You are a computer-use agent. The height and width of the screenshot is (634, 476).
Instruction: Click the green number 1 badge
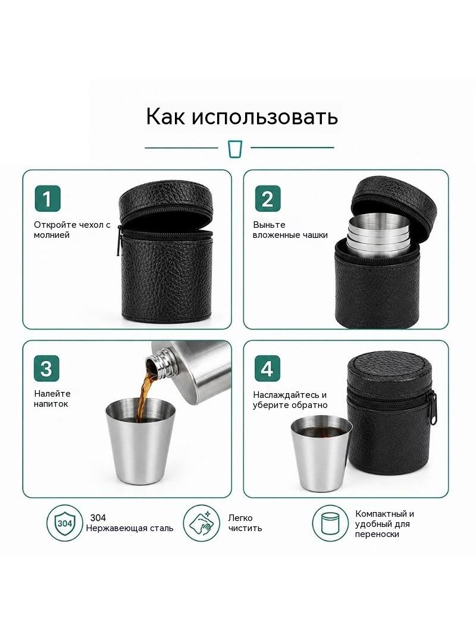pos(48,199)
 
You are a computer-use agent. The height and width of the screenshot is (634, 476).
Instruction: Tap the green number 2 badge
pos(267,199)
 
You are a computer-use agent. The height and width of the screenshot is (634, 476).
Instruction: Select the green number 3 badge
pos(46,369)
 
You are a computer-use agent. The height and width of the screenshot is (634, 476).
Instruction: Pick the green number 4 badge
pos(267,369)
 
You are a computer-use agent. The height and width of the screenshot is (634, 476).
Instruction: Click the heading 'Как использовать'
pos(242,117)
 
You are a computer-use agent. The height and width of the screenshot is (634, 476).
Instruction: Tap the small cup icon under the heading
pos(234,149)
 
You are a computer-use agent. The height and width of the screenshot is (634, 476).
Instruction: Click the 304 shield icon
pos(65,523)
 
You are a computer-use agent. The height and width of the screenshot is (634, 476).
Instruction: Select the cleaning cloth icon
pos(201,523)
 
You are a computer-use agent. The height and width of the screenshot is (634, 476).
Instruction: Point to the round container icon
pos(330,523)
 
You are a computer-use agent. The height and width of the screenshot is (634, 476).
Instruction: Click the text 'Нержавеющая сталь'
pos(130,528)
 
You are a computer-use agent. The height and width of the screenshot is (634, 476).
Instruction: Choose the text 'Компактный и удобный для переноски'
pos(384,524)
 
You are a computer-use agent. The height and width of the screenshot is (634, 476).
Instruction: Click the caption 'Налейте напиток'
pos(52,398)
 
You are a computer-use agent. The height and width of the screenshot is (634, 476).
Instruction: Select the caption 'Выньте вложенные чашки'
pos(290,230)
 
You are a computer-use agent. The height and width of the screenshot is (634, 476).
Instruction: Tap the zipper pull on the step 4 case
pos(434,409)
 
